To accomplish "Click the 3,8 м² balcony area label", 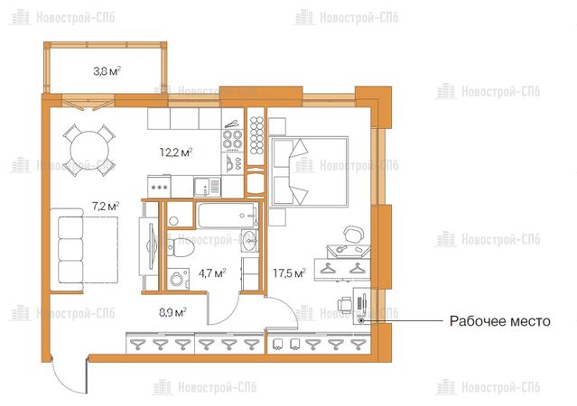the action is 107,71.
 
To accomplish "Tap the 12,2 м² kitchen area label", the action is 176,152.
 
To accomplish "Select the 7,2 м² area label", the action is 106,207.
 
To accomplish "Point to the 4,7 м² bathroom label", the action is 212,273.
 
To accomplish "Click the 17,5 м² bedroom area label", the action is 289,273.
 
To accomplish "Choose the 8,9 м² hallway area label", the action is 172,312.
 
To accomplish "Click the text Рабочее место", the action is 499,321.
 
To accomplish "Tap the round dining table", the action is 89,150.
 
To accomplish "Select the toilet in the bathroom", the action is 181,247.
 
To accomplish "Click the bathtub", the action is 228,215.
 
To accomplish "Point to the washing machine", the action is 178,279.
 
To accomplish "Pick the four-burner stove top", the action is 233,139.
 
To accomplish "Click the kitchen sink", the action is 207,187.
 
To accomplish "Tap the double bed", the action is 309,171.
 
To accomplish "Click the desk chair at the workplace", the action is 344,305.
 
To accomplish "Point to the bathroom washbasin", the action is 250,241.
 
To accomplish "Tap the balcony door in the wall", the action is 88,103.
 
